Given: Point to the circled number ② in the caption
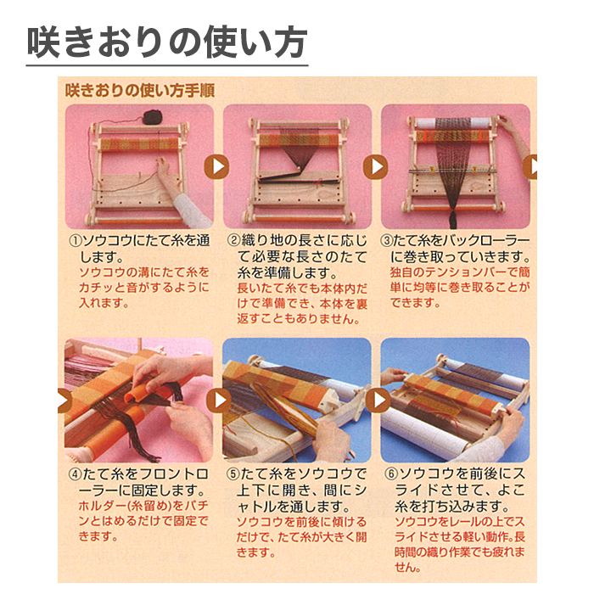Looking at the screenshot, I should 233,240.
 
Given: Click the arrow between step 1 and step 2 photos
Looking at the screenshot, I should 217,166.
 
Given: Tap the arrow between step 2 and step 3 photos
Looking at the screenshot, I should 374,166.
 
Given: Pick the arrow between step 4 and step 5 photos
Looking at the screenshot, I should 217,400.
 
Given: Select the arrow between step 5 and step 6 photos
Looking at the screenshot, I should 374,400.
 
